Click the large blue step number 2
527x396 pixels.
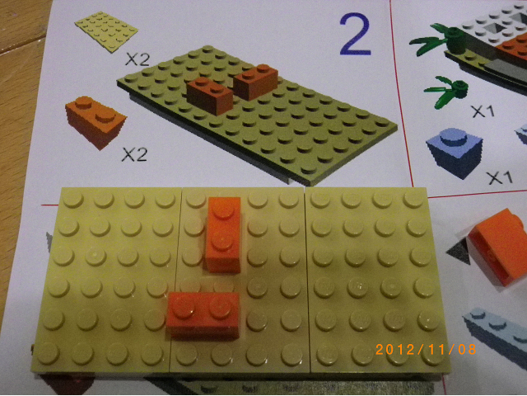(x=355, y=34)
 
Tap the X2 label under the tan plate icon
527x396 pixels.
(x=138, y=59)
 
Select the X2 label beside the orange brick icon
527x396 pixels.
(x=134, y=155)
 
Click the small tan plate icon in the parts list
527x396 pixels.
(x=106, y=31)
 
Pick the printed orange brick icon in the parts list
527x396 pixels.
(x=96, y=122)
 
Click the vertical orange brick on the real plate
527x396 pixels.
(x=223, y=234)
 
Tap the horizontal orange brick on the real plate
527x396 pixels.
(x=203, y=314)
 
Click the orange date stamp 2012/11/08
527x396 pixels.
(x=426, y=349)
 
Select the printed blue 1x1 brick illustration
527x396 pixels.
(x=455, y=152)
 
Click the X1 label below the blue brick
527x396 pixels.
(x=500, y=177)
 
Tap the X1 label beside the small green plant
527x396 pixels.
(x=483, y=111)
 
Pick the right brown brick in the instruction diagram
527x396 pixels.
(x=256, y=82)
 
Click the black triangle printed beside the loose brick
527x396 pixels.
(x=459, y=251)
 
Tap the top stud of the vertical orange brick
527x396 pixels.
(x=224, y=207)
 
